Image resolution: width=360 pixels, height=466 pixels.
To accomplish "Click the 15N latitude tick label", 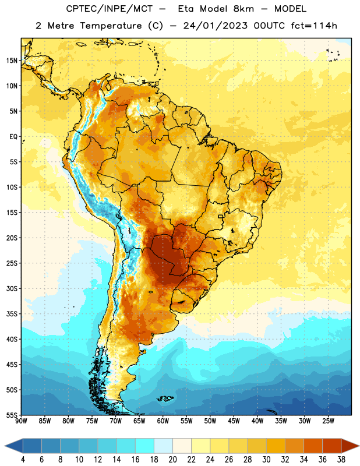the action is click(12, 61).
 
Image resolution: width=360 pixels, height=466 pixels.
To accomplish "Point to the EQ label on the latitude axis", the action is click(13, 137).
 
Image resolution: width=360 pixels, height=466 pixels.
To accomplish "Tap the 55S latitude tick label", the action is click(12, 415).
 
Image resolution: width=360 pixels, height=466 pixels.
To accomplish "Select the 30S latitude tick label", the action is click(12, 288).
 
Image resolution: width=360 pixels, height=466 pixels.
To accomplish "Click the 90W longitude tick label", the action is click(21, 421).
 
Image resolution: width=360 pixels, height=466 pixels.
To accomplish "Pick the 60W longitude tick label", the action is click(163, 421).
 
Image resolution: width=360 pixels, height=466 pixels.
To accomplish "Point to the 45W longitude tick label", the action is click(234, 421).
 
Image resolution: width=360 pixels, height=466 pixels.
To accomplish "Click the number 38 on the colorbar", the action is click(341, 460).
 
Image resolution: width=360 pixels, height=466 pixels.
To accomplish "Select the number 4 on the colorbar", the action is click(23, 460).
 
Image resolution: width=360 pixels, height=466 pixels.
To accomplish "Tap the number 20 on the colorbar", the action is click(172, 460).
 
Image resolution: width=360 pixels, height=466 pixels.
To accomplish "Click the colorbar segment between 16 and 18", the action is click(145, 446).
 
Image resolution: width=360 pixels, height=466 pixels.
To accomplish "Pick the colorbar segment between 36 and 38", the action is click(332, 446).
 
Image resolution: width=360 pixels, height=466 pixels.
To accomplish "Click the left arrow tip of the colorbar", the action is click(5, 446).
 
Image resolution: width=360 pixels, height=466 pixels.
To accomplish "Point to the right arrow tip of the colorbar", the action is click(359, 446).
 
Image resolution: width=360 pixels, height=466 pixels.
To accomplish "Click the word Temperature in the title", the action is click(111, 26).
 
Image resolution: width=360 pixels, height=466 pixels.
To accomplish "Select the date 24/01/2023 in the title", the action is click(215, 26).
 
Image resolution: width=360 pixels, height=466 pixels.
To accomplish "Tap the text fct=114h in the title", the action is click(314, 26).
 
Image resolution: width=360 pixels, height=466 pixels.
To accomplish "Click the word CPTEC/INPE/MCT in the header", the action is click(109, 9).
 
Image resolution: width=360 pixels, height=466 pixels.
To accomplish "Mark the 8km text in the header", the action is click(243, 9).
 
